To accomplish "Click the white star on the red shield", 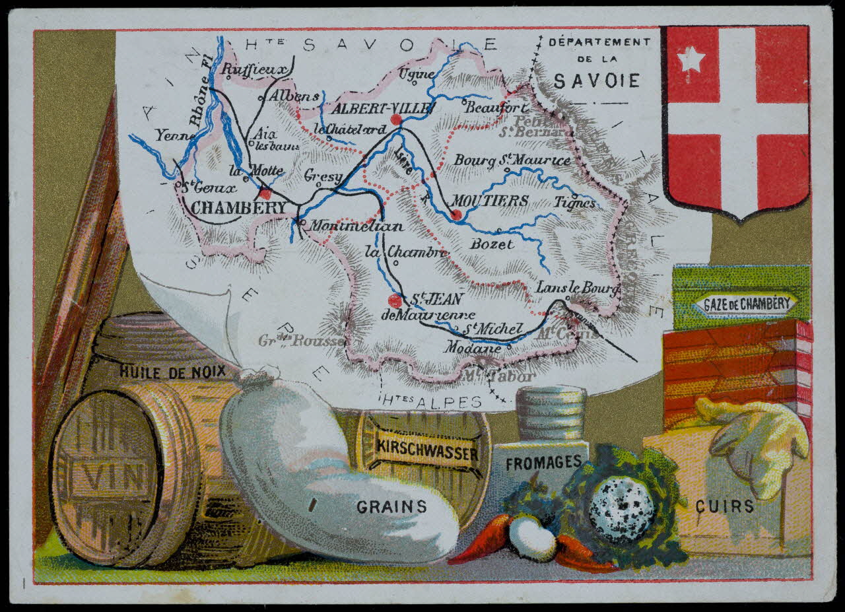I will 691,59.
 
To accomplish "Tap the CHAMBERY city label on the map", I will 239,208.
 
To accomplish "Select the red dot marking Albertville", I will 396,119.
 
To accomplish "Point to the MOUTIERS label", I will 490,200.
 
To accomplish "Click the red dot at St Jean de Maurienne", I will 395,300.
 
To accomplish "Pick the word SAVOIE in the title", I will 597,81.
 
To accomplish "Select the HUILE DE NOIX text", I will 171,371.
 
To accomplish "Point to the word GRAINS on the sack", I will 391,507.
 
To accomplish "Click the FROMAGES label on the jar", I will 543,463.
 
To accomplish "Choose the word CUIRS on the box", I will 724,506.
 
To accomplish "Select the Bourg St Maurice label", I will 512,160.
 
